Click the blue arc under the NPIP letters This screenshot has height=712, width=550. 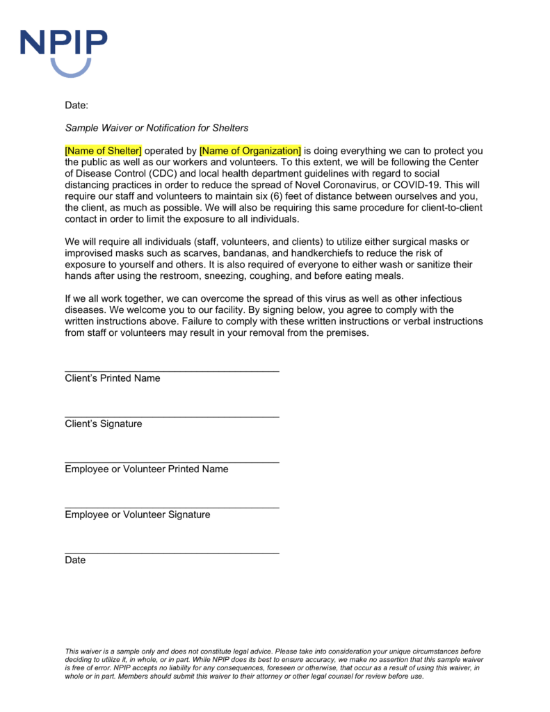[70, 69]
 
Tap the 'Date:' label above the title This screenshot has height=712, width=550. [76, 105]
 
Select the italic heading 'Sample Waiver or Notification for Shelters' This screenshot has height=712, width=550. [156, 128]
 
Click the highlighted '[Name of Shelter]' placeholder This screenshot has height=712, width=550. [103, 151]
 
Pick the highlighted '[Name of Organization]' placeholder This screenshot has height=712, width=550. [250, 151]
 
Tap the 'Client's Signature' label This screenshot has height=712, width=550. [103, 423]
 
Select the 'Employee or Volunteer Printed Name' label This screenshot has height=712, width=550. [146, 469]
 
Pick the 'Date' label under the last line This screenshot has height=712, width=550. [75, 560]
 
